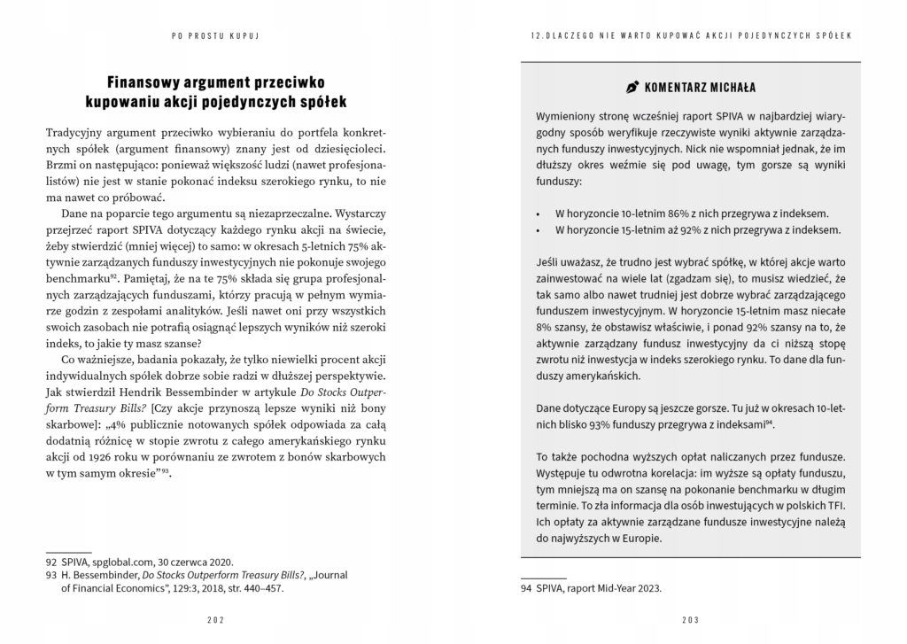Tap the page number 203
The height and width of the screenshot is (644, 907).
tap(690, 619)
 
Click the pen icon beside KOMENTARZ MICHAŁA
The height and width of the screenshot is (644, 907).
tap(632, 88)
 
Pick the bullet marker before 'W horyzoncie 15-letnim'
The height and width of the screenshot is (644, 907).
tap(539, 230)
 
